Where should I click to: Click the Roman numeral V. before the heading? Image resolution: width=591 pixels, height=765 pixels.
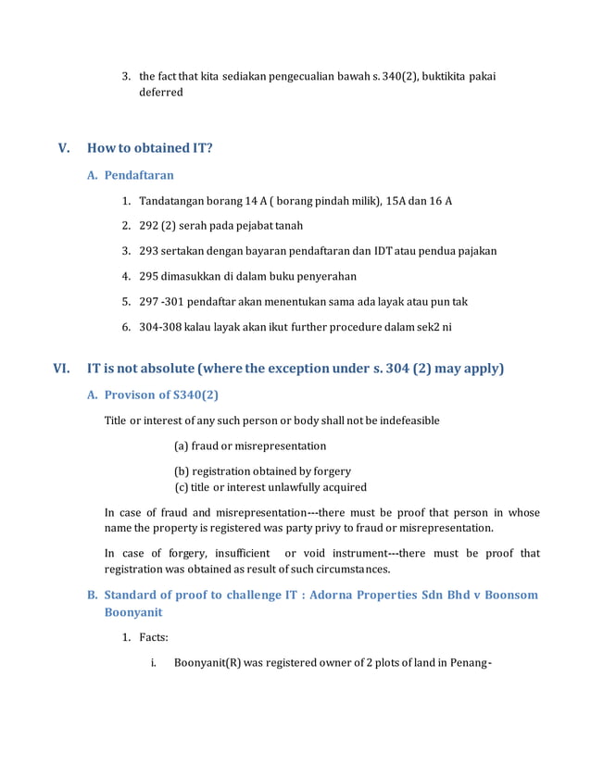[x=64, y=148]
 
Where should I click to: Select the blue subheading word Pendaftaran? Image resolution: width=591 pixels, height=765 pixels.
[x=138, y=175]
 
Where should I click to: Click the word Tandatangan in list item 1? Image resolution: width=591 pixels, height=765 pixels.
[x=171, y=201]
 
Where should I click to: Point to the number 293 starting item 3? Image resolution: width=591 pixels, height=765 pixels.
[x=148, y=251]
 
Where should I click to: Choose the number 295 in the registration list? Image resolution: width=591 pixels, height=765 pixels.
[x=148, y=276]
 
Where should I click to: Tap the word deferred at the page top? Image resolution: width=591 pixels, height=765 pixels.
[x=161, y=93]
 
